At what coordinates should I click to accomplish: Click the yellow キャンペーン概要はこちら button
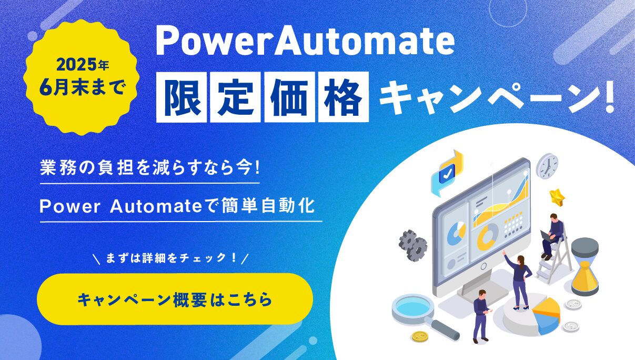pyautogui.click(x=175, y=299)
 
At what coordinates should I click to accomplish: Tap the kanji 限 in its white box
pyautogui.click(x=182, y=97)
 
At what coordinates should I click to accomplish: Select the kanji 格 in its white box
pyautogui.click(x=344, y=97)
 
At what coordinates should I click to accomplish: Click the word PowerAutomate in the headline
pyautogui.click(x=305, y=43)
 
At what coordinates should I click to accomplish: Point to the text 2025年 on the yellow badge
pyautogui.click(x=83, y=66)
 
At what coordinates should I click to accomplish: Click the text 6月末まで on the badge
pyautogui.click(x=82, y=87)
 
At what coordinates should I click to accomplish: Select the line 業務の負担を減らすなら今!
pyautogui.click(x=150, y=168)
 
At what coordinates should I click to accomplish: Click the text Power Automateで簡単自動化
pyautogui.click(x=177, y=206)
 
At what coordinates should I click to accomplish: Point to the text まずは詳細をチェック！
pyautogui.click(x=171, y=258)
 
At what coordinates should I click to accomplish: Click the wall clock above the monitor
pyautogui.click(x=547, y=166)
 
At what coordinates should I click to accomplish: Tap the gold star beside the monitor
pyautogui.click(x=557, y=197)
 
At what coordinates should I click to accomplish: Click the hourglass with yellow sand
pyautogui.click(x=584, y=267)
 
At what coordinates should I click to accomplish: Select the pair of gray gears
pyautogui.click(x=412, y=245)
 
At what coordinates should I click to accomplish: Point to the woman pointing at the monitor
pyautogui.click(x=519, y=281)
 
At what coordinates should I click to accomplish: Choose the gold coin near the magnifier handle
pyautogui.click(x=420, y=337)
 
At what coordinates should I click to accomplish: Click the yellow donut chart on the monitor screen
pyautogui.click(x=487, y=236)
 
